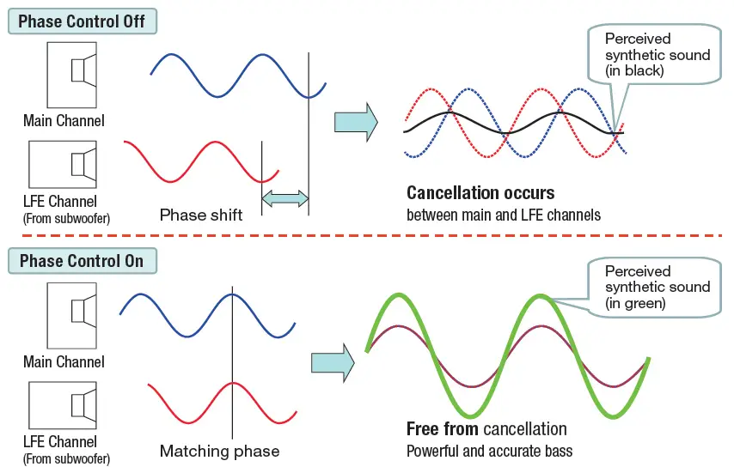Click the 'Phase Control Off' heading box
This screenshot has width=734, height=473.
[83, 21]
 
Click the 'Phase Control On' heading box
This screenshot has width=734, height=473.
[83, 261]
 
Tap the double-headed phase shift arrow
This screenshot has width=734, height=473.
[285, 198]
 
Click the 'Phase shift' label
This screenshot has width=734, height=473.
[201, 215]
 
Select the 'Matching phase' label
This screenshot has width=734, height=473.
[219, 451]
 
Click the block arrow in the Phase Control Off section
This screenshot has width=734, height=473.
[356, 122]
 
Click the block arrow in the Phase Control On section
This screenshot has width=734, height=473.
[333, 363]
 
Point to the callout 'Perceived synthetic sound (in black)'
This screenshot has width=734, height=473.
[654, 54]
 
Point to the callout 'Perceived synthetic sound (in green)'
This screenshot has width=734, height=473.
[654, 287]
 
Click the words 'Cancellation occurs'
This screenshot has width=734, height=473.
[480, 193]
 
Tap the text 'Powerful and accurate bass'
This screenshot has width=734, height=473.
[489, 451]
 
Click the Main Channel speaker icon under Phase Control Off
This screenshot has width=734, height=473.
[71, 76]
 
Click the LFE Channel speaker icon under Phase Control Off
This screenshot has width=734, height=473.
[63, 165]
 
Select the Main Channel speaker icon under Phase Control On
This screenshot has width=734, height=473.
[71, 316]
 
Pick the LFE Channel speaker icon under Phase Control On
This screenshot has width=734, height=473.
[63, 405]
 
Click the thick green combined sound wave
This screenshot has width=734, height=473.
[506, 355]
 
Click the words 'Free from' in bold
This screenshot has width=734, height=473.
[443, 428]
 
